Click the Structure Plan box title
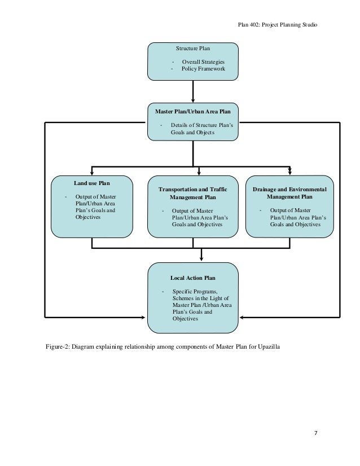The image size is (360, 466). point(192,48)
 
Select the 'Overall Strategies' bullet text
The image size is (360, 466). point(203,62)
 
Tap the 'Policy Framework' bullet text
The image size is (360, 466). point(203,69)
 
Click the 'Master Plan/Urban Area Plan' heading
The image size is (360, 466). point(192,112)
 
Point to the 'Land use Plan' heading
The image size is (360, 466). point(92,183)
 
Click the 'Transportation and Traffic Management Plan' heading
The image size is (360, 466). point(192,193)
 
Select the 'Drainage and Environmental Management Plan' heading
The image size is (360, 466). point(289,193)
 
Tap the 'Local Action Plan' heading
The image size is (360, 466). point(192,278)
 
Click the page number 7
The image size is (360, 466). point(316,433)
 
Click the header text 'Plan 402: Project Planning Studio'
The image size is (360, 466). point(278,25)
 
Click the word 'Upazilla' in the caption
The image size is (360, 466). point(269,346)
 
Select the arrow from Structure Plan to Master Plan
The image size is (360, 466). point(193,91)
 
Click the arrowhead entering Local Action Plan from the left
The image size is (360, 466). point(143,318)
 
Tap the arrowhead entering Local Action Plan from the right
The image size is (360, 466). point(242,318)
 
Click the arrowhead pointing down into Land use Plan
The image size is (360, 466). point(92,173)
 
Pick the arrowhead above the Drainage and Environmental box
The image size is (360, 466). point(290,172)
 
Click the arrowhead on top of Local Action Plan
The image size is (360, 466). point(201,259)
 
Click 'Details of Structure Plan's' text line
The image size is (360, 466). point(202,125)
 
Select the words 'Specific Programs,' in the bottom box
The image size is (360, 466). point(195,292)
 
